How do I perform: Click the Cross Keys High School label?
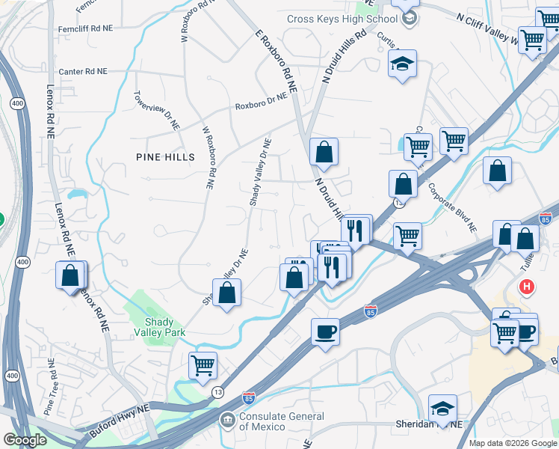pos(342,19)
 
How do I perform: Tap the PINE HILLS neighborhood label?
pos(165,157)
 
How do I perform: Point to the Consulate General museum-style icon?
pos(226,421)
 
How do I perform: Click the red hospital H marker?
pos(528,287)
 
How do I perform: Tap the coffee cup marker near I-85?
pos(325,331)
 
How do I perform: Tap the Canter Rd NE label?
pos(83,72)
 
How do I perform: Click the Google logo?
pos(25,440)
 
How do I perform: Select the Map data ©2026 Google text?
pos(512,443)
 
